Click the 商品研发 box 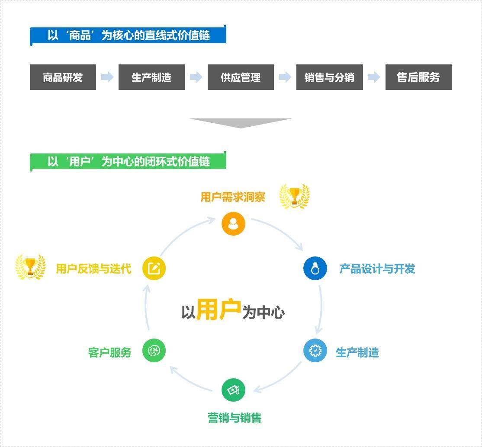click(x=63, y=77)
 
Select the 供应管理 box click(x=241, y=77)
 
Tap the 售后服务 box click(x=418, y=77)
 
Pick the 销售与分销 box click(x=329, y=77)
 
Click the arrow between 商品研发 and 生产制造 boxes click(x=107, y=77)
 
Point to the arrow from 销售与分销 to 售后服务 click(x=374, y=77)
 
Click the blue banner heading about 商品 click(x=128, y=35)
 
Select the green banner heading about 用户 click(x=128, y=161)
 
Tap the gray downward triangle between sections click(x=241, y=123)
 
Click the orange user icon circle click(x=233, y=223)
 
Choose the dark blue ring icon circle click(x=315, y=268)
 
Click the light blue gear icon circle click(x=315, y=351)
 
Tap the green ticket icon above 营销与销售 click(x=233, y=390)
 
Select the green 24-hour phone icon click(x=154, y=351)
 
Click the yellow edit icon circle click(x=154, y=268)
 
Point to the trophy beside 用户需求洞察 click(x=295, y=196)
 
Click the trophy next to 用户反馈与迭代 click(x=30, y=267)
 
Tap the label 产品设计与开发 click(x=377, y=269)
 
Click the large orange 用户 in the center click(x=219, y=310)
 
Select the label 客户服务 click(x=109, y=352)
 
